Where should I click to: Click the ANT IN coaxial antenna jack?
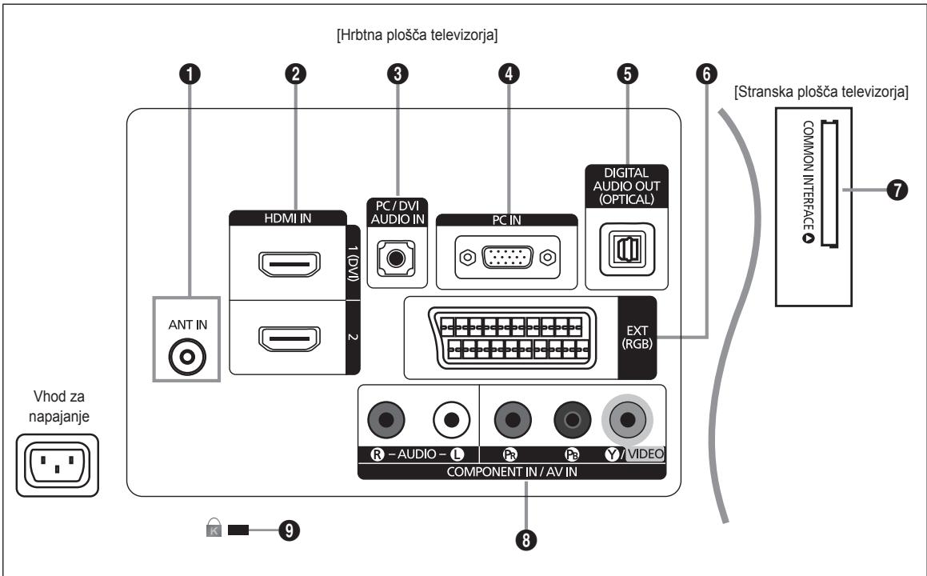pos(187,357)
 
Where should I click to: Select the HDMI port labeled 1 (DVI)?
pos(289,264)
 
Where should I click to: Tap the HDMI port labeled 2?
pos(289,338)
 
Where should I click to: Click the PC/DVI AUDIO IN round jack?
pos(396,258)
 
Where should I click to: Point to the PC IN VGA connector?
pos(507,258)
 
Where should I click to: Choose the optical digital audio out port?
pos(627,249)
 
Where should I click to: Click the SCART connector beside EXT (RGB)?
pos(512,338)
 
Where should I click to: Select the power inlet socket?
pos(58,466)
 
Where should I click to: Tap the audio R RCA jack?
pos(386,420)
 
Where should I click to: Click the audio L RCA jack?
pos(451,420)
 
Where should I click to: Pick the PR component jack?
pos(513,420)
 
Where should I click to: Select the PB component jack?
pos(572,420)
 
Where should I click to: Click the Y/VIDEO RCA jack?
pos(627,420)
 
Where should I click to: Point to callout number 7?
pos(897,190)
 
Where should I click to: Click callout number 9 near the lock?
pos(289,530)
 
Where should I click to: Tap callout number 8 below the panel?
pos(526,539)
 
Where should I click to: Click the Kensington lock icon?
pos(214,527)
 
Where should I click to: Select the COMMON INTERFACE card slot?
pos(829,184)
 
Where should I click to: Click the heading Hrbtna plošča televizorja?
pos(417,35)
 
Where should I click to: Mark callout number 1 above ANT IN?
pos(190,74)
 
